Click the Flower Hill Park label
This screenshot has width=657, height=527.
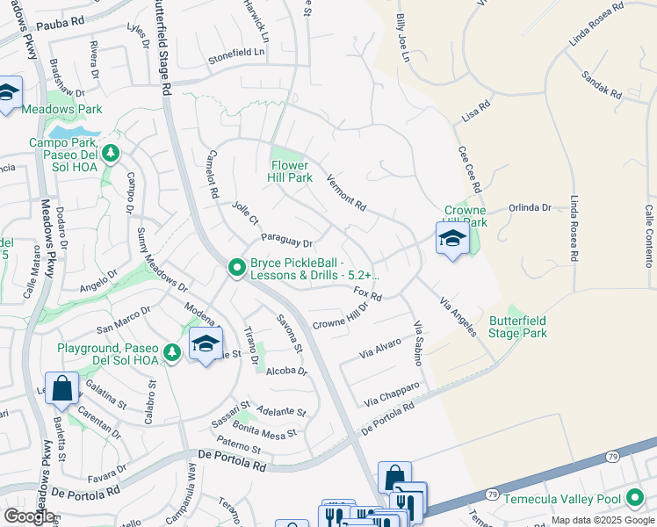[x=290, y=171]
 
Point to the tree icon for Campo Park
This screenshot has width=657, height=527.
[x=111, y=154]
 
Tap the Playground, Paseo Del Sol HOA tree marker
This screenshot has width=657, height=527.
[x=173, y=352]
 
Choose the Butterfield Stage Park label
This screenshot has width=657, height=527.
[x=517, y=327]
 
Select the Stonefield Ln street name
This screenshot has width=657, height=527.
[x=236, y=53]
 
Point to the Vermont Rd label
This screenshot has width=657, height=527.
[x=345, y=190]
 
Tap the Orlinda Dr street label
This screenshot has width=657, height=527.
[x=530, y=208]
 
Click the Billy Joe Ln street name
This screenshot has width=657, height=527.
[x=402, y=38]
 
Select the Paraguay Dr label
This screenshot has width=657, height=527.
[x=286, y=242]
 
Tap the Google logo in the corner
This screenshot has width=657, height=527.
[x=29, y=516]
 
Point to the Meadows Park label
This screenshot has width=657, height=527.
[x=61, y=110]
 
